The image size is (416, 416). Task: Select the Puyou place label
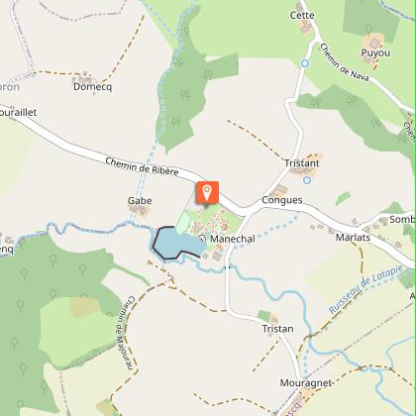tap(375, 52)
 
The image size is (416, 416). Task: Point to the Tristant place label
tap(301, 163)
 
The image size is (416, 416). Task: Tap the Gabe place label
tap(139, 200)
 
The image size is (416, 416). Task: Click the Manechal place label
tap(234, 239)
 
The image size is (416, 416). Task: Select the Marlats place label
tap(353, 238)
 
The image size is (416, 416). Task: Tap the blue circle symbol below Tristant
tap(306, 179)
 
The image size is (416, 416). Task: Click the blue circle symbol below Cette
tap(305, 63)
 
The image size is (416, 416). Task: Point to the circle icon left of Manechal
tap(202, 239)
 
